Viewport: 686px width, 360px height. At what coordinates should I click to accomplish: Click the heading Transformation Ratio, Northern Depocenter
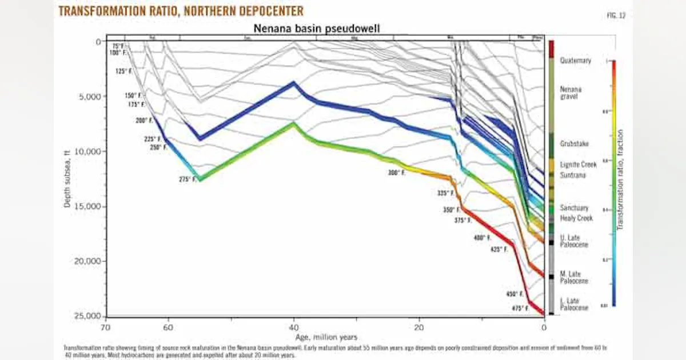point(181,11)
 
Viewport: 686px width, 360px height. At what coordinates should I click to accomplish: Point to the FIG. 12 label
point(616,15)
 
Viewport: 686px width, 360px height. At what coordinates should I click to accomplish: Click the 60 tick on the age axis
point(169,327)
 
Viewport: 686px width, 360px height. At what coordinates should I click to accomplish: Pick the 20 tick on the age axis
point(419,327)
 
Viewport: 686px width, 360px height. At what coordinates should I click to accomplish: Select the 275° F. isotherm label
point(187,179)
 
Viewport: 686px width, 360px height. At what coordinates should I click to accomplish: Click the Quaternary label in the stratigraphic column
point(575,60)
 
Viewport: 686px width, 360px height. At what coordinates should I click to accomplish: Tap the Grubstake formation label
point(574,144)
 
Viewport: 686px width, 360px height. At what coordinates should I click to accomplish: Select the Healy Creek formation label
point(576,218)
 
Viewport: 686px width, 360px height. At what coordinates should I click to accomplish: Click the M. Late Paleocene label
point(574,277)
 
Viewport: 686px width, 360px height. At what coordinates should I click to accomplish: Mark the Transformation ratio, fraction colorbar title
point(620,180)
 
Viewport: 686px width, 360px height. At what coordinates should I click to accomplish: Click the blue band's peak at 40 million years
point(294,83)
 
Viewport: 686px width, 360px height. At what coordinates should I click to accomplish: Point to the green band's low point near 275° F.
point(200,179)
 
